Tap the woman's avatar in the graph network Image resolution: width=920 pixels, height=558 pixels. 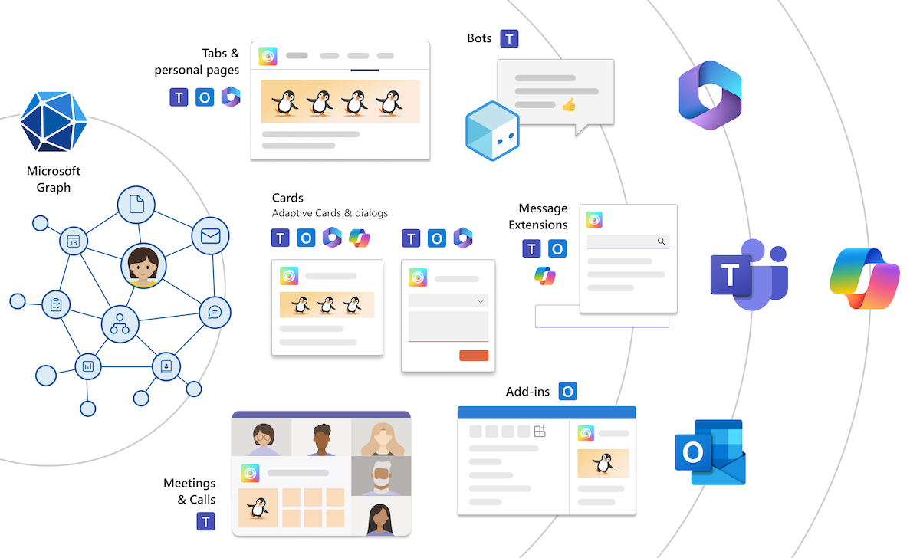pos(143,266)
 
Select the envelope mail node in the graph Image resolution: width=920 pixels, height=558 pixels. pos(210,236)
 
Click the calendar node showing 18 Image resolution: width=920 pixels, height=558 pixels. pos(74,241)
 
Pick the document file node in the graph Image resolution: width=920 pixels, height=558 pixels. pos(136,205)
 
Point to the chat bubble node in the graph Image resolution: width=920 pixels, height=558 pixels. pos(215,312)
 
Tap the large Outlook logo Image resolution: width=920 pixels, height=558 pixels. pos(710,452)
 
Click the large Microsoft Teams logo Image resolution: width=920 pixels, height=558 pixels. pos(748,274)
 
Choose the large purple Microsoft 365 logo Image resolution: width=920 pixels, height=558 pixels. pos(710,95)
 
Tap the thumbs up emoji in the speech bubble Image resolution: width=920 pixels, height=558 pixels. pos(569,105)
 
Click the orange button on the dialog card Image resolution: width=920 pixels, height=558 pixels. pos(474,355)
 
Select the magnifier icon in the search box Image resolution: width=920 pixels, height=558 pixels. pos(661,241)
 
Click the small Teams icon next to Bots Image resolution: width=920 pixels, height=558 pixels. pos(510,39)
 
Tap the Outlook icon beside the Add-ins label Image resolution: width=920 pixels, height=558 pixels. pos(567,392)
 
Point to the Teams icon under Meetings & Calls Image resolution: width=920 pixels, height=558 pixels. pos(205,522)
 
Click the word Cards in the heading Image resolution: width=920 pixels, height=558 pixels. pos(288,198)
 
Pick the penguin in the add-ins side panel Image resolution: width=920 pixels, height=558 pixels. pos(603,463)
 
